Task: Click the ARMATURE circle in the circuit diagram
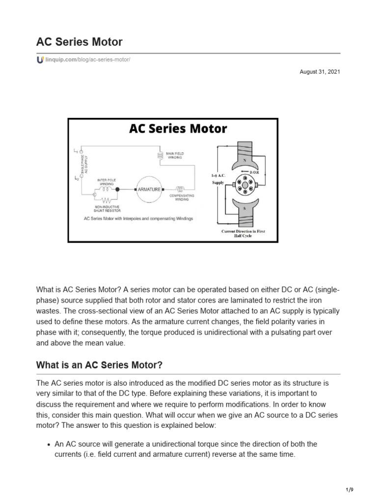click(149, 189)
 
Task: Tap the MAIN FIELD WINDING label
click(174, 156)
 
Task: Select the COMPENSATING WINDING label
click(182, 197)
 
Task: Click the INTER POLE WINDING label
click(107, 181)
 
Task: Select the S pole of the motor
click(244, 208)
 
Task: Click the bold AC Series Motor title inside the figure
click(178, 129)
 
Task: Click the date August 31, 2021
click(320, 72)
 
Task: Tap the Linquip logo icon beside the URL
click(40, 59)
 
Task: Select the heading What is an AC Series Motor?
click(99, 366)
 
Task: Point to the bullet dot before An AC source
click(49, 444)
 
